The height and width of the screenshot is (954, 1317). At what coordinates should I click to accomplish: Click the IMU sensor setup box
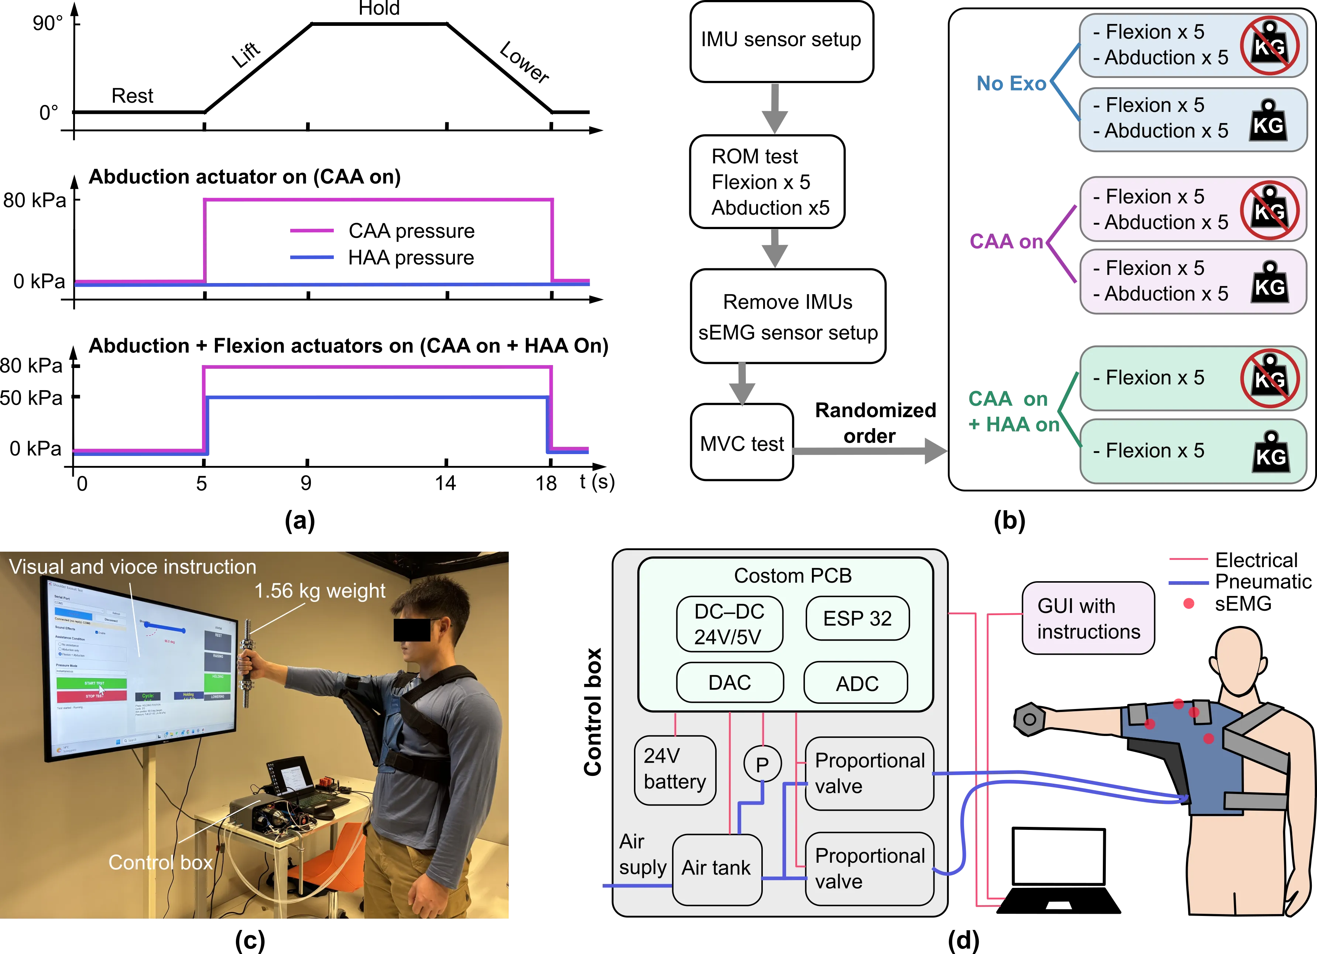pyautogui.click(x=782, y=41)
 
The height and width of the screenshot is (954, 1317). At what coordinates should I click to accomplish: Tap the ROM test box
pyautogui.click(x=768, y=182)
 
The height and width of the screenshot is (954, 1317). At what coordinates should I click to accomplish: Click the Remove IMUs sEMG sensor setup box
pyautogui.click(x=788, y=317)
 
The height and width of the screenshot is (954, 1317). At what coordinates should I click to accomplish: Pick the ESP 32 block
pyautogui.click(x=857, y=618)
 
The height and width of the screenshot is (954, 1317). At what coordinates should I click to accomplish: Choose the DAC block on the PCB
pyautogui.click(x=730, y=683)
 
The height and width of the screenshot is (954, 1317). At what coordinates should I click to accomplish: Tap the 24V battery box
pyautogui.click(x=675, y=770)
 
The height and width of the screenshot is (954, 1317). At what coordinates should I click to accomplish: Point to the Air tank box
pyautogui.click(x=717, y=869)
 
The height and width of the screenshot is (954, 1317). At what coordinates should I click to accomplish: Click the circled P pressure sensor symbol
pyautogui.click(x=762, y=764)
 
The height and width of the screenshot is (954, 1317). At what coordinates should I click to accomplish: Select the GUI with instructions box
pyautogui.click(x=1088, y=618)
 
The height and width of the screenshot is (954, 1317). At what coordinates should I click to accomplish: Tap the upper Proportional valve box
pyautogui.click(x=869, y=773)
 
